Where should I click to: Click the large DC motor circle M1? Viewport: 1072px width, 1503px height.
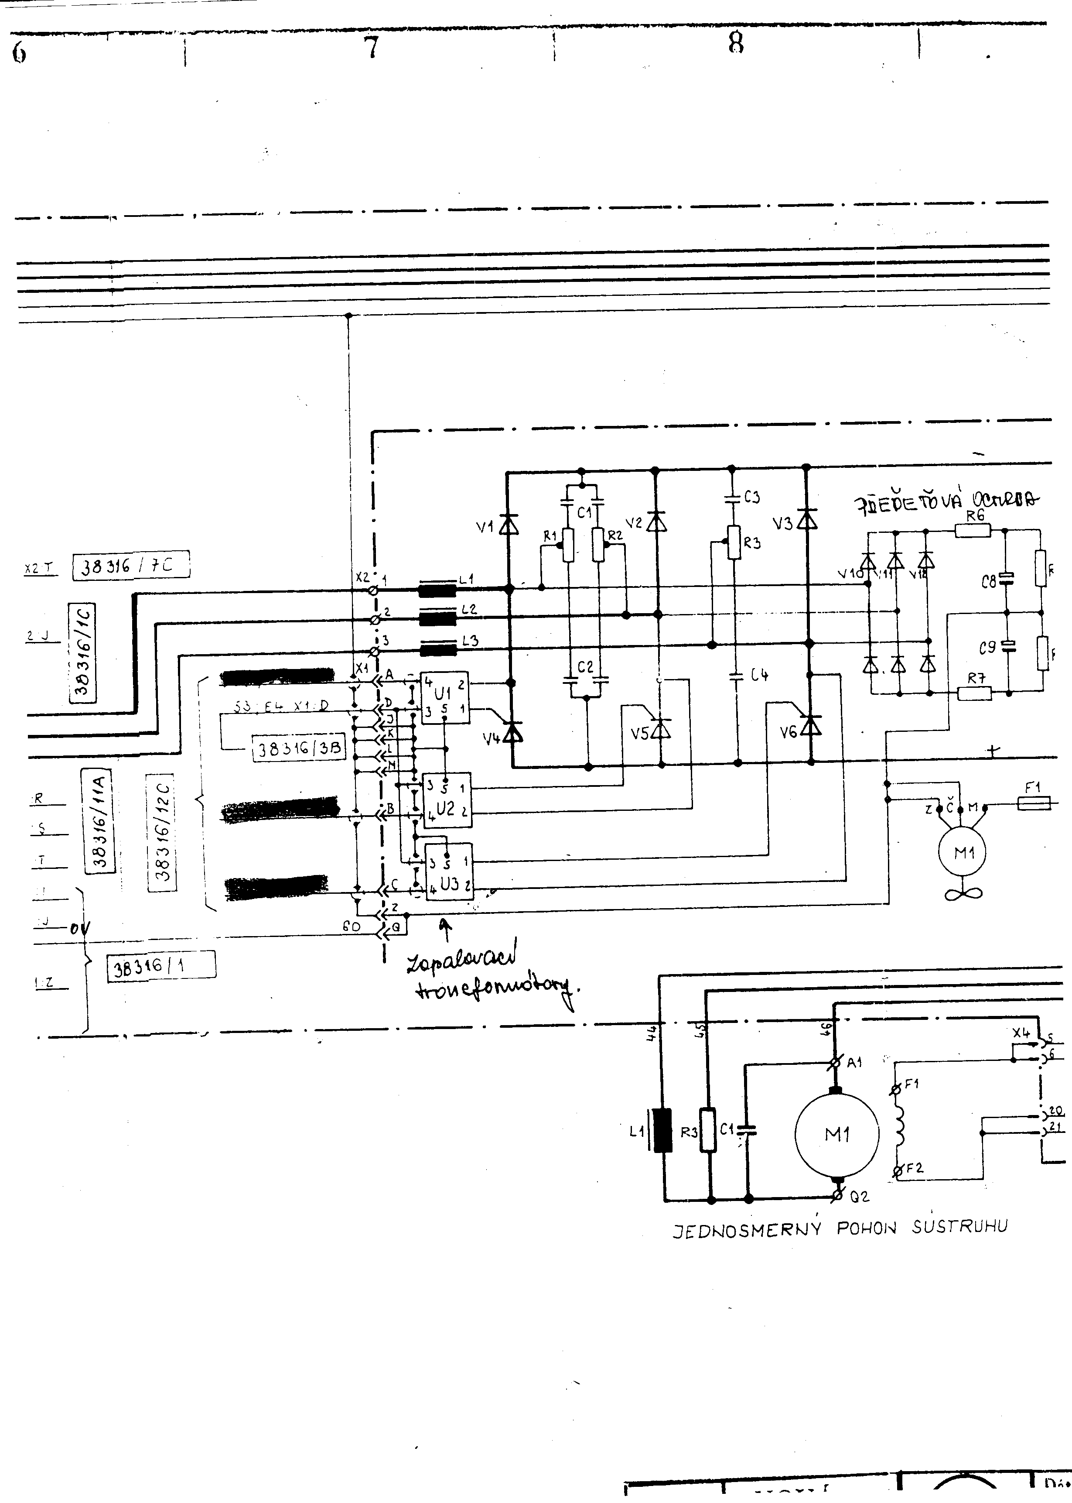point(836,1135)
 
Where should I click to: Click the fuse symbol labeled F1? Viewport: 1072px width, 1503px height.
point(1034,803)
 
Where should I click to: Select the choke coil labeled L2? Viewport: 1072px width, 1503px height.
point(437,618)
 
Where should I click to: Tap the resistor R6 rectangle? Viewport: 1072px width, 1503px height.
point(973,530)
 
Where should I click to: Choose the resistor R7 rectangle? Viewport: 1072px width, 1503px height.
point(974,693)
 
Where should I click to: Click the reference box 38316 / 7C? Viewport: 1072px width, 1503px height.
point(131,565)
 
